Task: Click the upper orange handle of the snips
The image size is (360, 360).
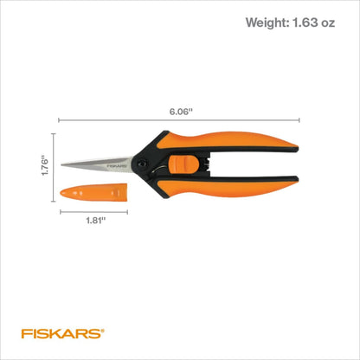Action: pyautogui.click(x=251, y=145)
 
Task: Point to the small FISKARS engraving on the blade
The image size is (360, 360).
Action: pyautogui.click(x=118, y=163)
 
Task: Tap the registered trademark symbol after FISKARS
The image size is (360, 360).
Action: pyautogui.click(x=107, y=328)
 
